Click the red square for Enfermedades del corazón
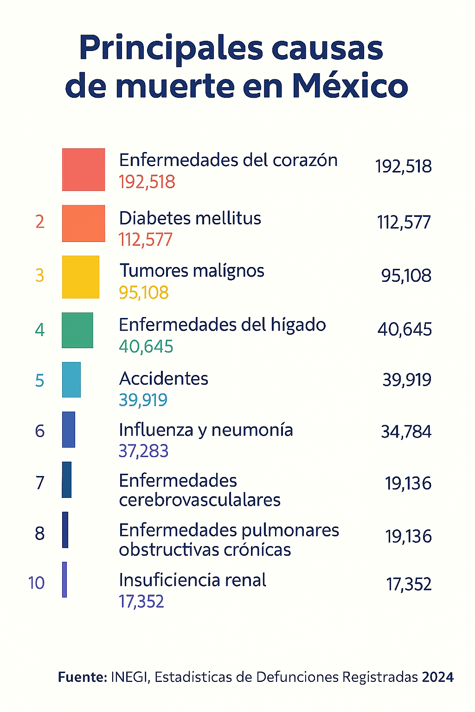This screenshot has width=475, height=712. [83, 170]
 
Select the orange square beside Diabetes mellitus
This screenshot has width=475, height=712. [83, 223]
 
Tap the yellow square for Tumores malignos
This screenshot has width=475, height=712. [81, 277]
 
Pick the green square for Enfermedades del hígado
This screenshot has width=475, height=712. [77, 330]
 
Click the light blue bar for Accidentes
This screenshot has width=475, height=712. [71, 380]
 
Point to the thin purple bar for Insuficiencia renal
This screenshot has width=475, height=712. [64, 579]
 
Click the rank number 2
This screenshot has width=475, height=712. [40, 222]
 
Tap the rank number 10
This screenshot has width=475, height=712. [36, 583]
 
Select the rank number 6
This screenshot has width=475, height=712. [40, 431]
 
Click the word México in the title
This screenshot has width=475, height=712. [350, 86]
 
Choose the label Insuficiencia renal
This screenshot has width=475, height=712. [193, 580]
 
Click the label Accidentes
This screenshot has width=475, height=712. [164, 379]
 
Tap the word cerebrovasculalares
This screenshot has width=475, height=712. [199, 500]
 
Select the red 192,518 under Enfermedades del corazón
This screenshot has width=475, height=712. [147, 182]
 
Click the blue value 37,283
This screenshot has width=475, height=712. [143, 451]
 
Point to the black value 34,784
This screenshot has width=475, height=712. [406, 432]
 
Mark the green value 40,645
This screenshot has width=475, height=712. [146, 347]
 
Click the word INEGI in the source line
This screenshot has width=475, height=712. [130, 677]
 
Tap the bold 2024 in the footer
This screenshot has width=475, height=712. [437, 677]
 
